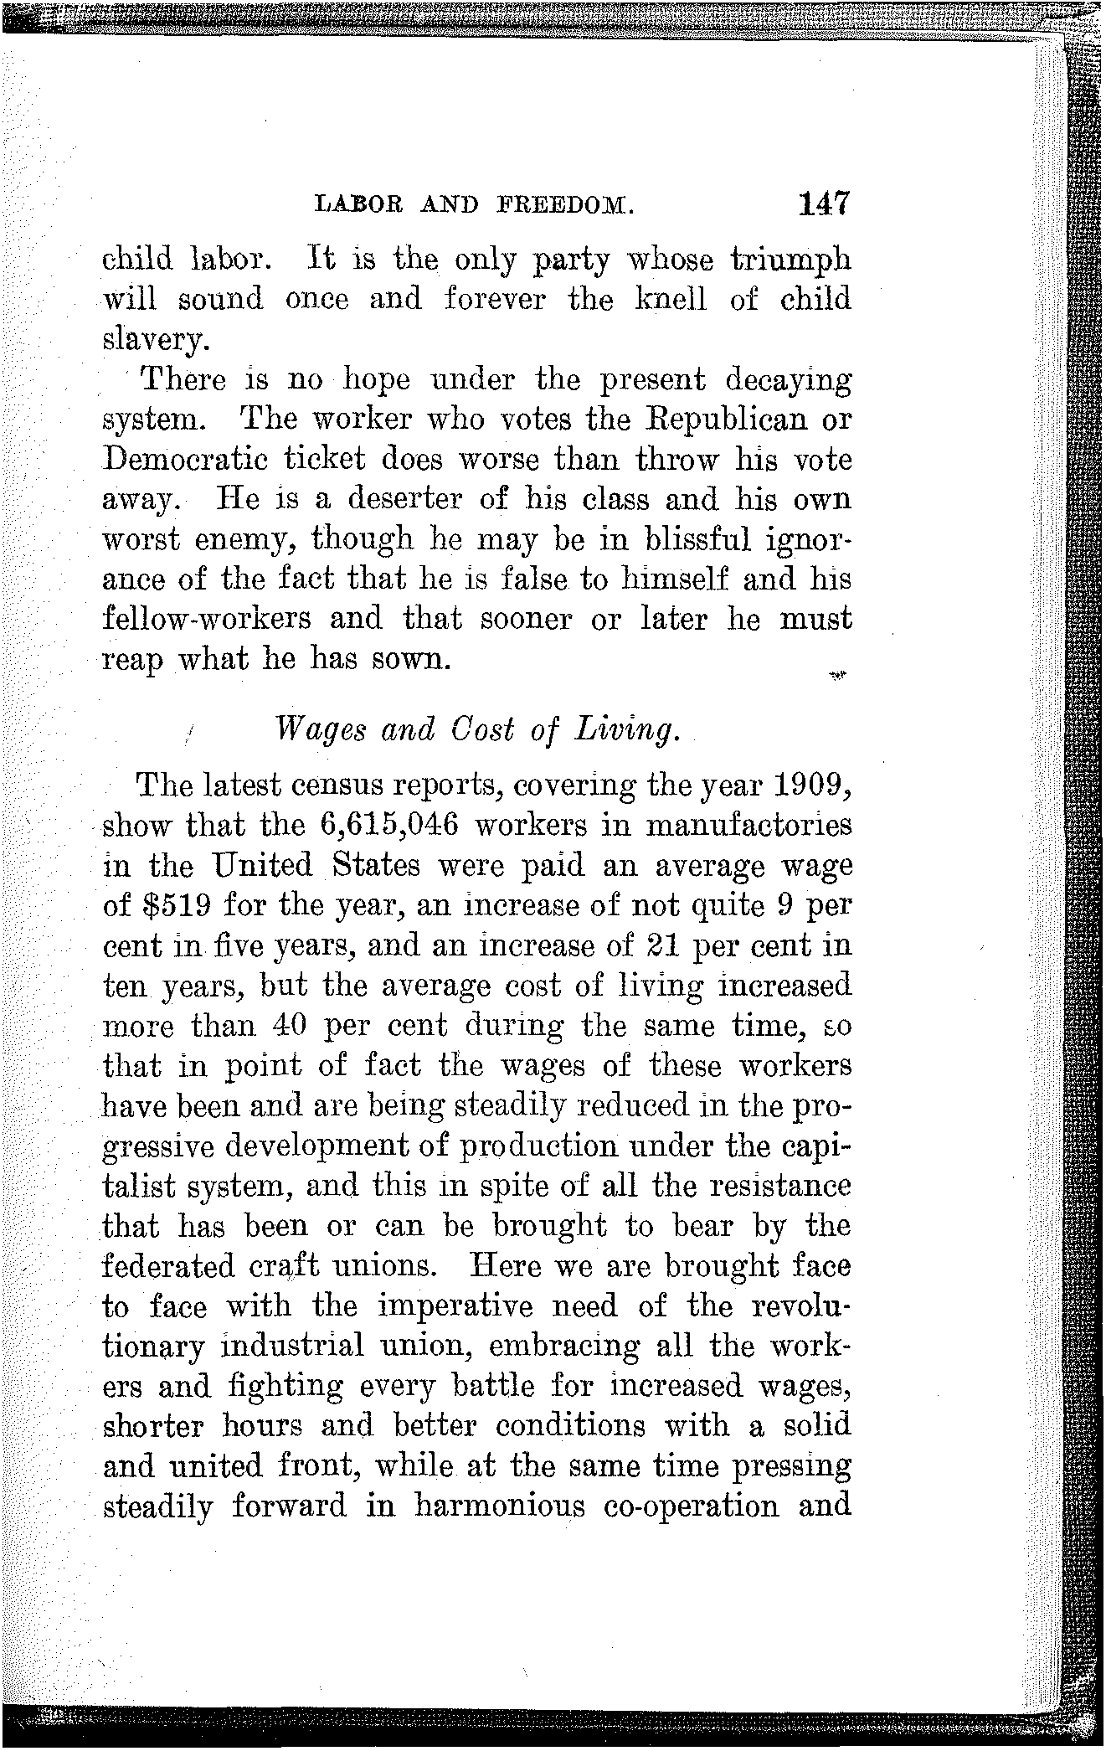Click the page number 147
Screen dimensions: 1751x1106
click(x=824, y=203)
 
